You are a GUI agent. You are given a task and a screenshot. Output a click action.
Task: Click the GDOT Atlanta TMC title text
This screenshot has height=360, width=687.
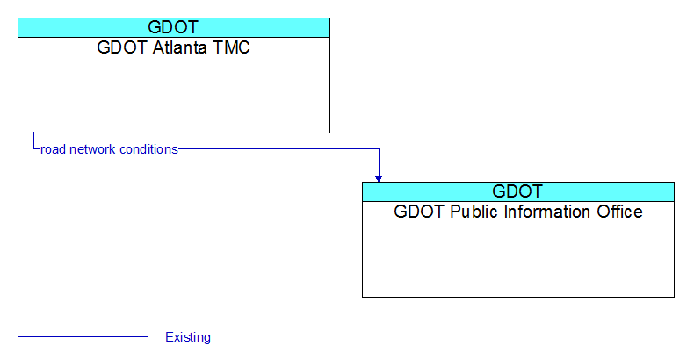[x=173, y=47]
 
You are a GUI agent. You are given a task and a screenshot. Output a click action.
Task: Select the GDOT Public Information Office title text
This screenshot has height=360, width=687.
[x=517, y=212]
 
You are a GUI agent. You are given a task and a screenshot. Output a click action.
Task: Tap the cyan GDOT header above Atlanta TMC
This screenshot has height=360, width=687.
[x=174, y=27]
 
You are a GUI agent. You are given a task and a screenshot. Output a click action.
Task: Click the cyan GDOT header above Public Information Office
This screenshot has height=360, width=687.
[x=518, y=191]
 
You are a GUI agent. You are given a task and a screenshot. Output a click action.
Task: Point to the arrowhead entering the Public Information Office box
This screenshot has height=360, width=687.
[x=379, y=179]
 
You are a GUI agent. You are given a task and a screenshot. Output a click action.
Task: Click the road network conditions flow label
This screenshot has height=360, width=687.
[x=109, y=149]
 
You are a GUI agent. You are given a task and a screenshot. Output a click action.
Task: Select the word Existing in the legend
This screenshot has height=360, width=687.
[x=188, y=337]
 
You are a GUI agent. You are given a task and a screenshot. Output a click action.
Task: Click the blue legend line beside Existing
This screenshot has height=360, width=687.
[x=83, y=337]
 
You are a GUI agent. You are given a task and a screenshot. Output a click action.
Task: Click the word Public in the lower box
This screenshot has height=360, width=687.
[x=475, y=212]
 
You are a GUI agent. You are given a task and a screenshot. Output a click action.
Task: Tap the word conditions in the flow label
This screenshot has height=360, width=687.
[x=149, y=149]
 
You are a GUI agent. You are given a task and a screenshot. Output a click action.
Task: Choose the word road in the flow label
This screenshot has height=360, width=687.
[x=53, y=149]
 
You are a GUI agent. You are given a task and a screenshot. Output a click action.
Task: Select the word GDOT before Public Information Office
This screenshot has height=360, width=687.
[x=419, y=212]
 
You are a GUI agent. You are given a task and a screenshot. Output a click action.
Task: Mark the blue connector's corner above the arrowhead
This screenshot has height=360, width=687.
[x=379, y=149]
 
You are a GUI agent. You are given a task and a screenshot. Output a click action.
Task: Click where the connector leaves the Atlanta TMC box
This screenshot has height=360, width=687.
[x=33, y=133]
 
